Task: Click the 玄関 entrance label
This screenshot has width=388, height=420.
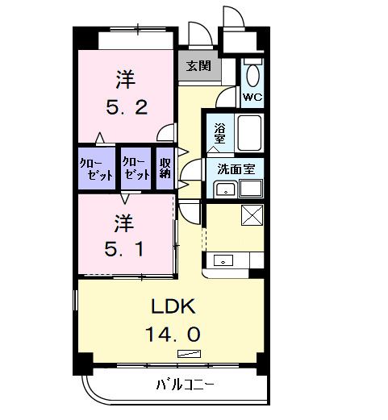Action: click(x=198, y=66)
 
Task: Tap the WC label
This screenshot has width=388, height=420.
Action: click(x=252, y=98)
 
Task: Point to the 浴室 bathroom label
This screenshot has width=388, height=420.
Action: click(x=219, y=132)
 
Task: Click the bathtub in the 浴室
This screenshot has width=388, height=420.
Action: click(x=249, y=133)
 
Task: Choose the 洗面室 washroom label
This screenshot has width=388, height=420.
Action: click(x=235, y=170)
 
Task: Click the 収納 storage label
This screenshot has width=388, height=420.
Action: click(x=165, y=168)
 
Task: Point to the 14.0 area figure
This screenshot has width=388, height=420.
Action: click(x=172, y=332)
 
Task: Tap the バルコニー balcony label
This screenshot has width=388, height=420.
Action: click(x=186, y=385)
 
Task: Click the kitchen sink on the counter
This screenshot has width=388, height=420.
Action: click(x=223, y=260)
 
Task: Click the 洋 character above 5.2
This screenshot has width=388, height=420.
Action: click(x=123, y=80)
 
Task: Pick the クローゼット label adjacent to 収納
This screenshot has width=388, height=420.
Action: click(x=136, y=168)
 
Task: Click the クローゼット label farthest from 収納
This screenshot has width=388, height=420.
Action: click(x=95, y=168)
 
